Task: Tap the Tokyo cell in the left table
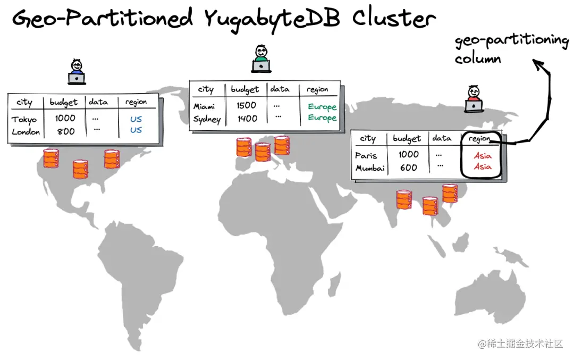24,119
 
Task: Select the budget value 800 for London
66,131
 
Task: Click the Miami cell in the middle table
204,106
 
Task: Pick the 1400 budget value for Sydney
247,119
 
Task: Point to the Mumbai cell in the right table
370,168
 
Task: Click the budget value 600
408,168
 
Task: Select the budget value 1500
247,105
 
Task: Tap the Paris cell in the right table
366,155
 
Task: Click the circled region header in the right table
479,139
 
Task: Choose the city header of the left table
24,102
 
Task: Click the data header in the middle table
280,89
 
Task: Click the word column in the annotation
478,58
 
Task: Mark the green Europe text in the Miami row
322,106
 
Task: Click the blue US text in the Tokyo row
136,119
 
